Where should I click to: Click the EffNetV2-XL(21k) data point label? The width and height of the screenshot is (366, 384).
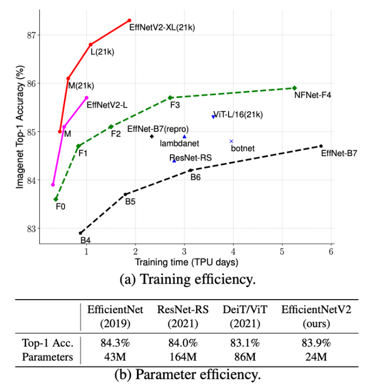(x=162, y=28)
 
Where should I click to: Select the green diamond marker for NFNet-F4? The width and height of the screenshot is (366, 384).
(x=294, y=88)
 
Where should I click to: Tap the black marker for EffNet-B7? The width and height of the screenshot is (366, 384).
(x=321, y=146)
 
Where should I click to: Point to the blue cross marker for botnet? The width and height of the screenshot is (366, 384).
(x=231, y=141)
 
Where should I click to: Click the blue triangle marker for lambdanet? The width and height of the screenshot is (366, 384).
(x=185, y=137)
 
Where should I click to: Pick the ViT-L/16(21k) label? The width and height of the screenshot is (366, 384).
(x=238, y=115)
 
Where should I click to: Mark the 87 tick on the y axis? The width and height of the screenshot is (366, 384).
(x=31, y=35)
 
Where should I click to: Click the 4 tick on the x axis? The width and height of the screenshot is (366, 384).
(x=233, y=252)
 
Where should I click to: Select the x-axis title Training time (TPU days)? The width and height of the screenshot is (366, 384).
(x=186, y=262)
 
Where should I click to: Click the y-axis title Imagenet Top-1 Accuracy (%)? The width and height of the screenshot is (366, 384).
(x=20, y=127)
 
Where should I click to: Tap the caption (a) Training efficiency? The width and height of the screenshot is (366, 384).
(x=187, y=279)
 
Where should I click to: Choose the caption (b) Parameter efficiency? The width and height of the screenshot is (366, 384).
(x=187, y=375)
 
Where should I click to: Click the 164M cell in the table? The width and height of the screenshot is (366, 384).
(x=183, y=357)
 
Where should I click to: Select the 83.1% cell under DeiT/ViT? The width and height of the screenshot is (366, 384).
(x=245, y=343)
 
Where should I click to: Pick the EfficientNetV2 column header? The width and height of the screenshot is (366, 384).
(x=316, y=316)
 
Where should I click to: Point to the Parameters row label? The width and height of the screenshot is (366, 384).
(x=47, y=357)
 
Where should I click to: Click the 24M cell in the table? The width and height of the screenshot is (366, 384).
(x=316, y=357)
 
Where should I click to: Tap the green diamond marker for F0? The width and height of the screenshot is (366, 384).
(x=56, y=199)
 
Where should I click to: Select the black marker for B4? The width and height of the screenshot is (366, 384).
(x=80, y=233)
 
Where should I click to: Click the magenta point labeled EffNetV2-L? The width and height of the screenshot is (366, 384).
(x=87, y=98)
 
